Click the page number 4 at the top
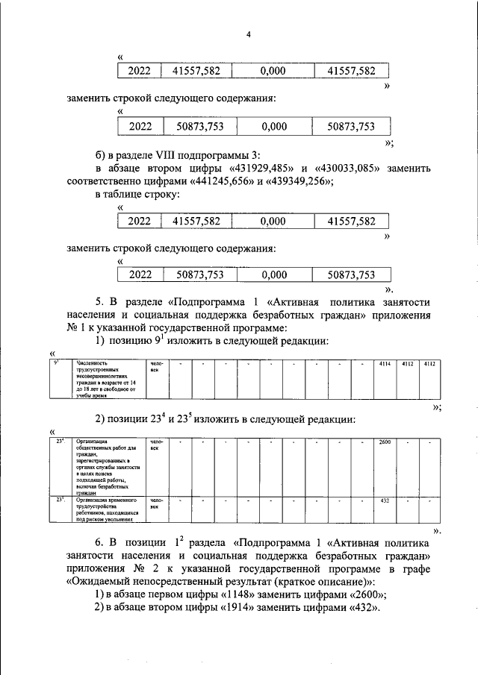247,34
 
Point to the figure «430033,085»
344,168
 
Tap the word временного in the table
117,500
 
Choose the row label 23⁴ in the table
60,443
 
